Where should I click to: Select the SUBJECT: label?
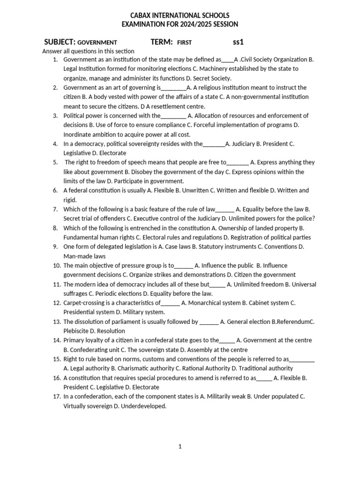click(60, 42)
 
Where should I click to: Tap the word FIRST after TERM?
click(184, 43)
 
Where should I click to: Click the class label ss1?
click(239, 42)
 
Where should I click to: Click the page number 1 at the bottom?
click(180, 447)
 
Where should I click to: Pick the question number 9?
click(55, 247)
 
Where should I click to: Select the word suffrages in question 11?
click(76, 294)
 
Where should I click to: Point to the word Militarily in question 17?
click(219, 397)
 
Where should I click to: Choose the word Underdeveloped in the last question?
click(143, 406)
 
